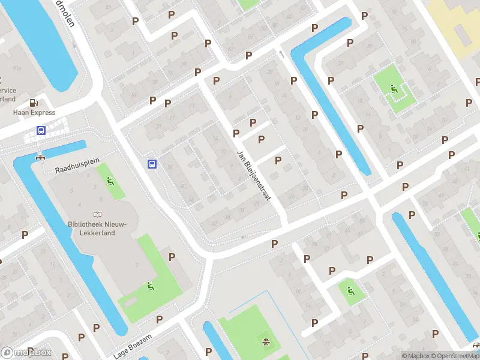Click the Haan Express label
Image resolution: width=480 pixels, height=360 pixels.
[x=34, y=112]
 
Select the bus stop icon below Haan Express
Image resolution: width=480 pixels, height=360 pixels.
[x=41, y=130]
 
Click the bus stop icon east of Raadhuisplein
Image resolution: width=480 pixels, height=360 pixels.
[x=152, y=164]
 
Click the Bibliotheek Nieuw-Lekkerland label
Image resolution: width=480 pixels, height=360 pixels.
[x=97, y=229]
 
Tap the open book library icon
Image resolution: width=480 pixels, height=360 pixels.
[x=97, y=214]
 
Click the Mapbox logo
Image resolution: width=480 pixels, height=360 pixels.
[x=26, y=353]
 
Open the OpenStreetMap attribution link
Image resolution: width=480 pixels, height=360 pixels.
[x=454, y=356]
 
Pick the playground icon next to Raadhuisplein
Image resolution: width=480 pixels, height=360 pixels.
[x=110, y=181]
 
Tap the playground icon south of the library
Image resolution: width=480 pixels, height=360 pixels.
[x=149, y=287]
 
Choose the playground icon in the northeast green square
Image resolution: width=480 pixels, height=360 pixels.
[x=394, y=90]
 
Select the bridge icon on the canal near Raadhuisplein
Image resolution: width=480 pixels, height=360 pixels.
[x=41, y=157]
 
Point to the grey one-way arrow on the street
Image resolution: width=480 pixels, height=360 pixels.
[x=281, y=54]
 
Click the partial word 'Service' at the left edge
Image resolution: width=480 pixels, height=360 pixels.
[x=8, y=91]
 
